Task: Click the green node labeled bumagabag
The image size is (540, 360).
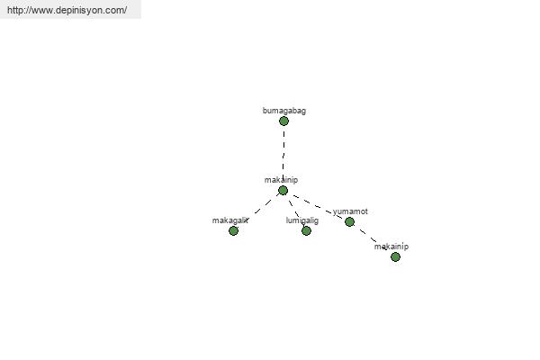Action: [x=283, y=121]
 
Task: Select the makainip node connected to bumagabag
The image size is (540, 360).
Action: [x=283, y=190]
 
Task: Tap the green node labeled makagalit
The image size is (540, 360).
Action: [x=233, y=230]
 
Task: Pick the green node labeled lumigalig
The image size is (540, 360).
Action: [x=306, y=230]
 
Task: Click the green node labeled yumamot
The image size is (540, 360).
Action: [x=349, y=222]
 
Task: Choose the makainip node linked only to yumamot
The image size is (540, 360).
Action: [x=395, y=256]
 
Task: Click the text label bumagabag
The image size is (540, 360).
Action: [x=284, y=111]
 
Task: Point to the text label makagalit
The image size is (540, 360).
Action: [x=230, y=220]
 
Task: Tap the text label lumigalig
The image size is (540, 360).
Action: [x=302, y=220]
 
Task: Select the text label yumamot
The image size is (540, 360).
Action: [x=350, y=211]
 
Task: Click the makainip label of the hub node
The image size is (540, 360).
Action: [x=281, y=180]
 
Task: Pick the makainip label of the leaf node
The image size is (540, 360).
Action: [x=391, y=247]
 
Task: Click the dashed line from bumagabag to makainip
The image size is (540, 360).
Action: [x=283, y=154]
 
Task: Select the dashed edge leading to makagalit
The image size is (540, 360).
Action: [x=263, y=207]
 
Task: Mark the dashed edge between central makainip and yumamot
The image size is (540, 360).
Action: [x=317, y=207]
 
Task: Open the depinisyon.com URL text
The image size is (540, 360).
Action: [x=67, y=10]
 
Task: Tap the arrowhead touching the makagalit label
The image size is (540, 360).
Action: [x=246, y=220]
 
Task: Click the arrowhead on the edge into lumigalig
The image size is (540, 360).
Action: [x=304, y=226]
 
